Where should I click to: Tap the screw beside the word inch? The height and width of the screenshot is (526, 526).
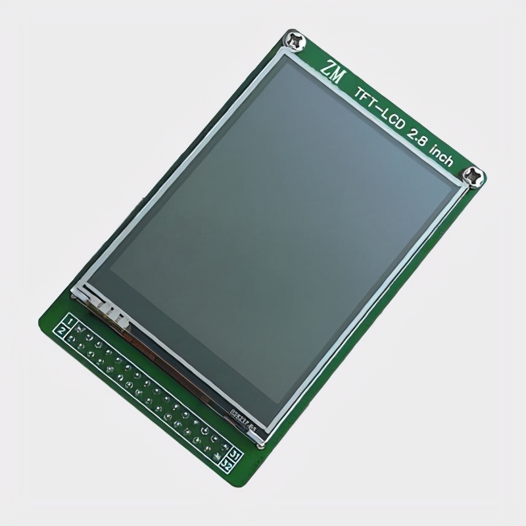(x=475, y=176)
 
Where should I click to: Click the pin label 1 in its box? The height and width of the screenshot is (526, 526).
(x=70, y=320)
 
